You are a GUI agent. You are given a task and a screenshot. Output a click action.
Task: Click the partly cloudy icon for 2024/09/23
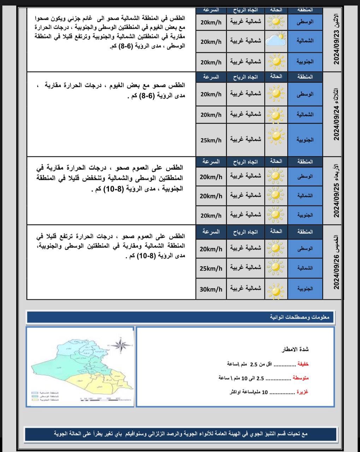(x=276, y=40)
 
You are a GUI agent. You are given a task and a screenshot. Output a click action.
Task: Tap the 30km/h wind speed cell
(x=211, y=289)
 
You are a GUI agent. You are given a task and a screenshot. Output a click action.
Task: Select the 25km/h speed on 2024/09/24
(x=211, y=140)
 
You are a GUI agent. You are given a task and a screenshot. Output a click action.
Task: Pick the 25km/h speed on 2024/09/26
(x=211, y=268)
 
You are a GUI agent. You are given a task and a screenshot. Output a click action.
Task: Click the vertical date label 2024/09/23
(x=336, y=39)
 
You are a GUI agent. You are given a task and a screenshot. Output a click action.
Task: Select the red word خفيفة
(x=303, y=364)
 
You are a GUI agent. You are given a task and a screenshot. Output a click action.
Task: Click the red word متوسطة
(x=301, y=378)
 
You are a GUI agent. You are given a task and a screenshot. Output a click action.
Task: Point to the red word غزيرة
(x=302, y=392)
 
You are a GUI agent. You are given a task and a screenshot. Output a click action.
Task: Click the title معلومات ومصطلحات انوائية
(x=300, y=317)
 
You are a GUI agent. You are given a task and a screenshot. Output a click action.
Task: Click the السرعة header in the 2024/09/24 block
(x=211, y=77)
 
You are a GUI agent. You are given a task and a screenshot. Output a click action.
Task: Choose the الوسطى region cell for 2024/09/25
(x=305, y=176)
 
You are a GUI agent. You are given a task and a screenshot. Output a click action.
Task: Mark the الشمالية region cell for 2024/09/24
(x=305, y=114)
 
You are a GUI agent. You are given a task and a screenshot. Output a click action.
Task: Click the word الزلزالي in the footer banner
(x=160, y=433)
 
